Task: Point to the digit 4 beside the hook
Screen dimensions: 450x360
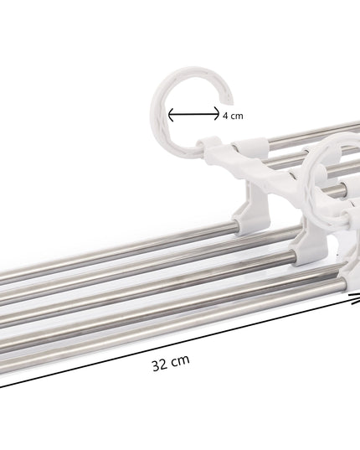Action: click(x=225, y=116)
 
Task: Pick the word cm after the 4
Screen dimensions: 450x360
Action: click(x=237, y=116)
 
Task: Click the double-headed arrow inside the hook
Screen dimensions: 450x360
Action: click(x=194, y=116)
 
